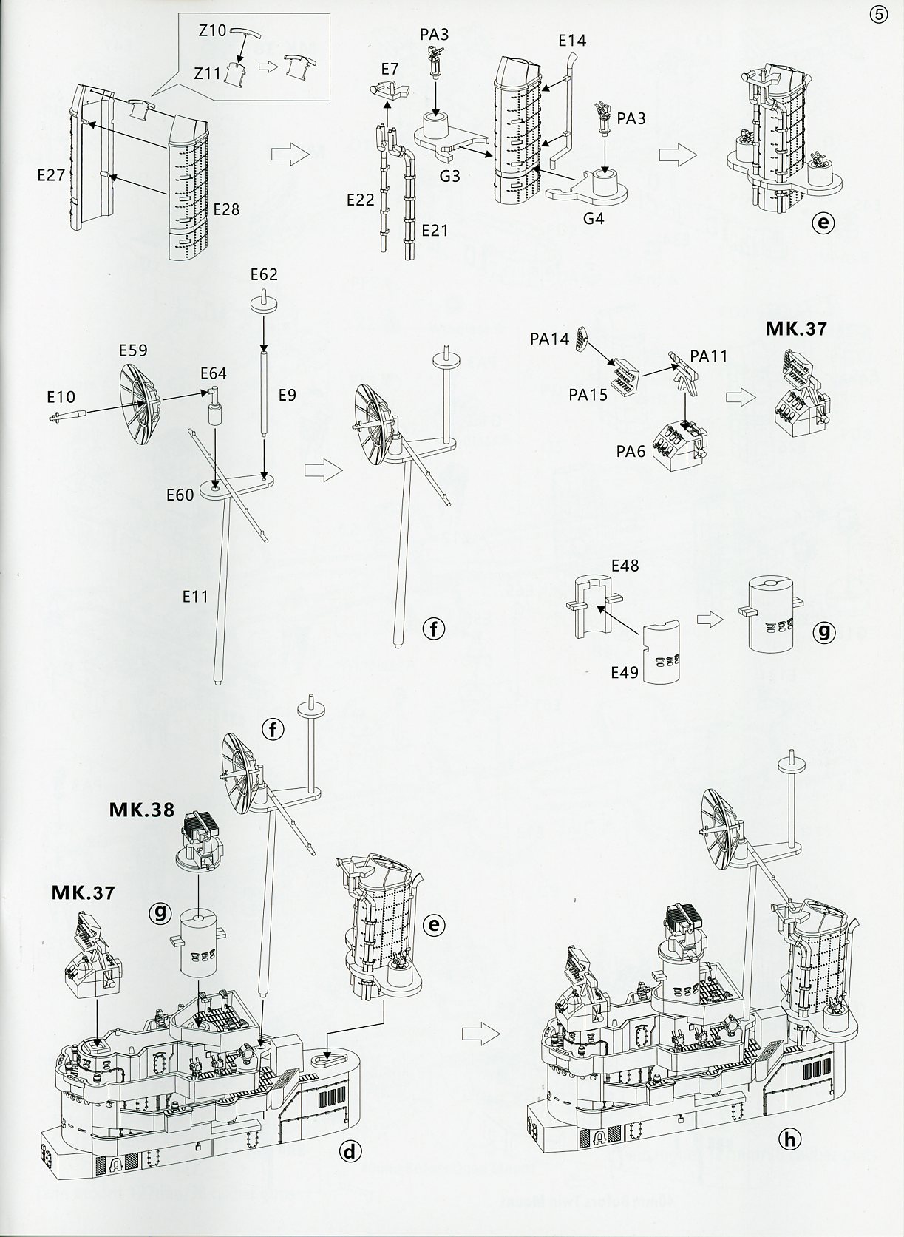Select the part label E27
click(52, 174)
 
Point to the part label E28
click(226, 209)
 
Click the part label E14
click(572, 41)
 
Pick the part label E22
click(360, 200)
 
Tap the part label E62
click(264, 274)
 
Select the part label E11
click(195, 595)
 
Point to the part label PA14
click(549, 339)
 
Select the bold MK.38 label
click(142, 810)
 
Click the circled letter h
click(789, 1139)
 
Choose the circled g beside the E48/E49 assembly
click(823, 632)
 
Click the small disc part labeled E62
click(263, 304)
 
